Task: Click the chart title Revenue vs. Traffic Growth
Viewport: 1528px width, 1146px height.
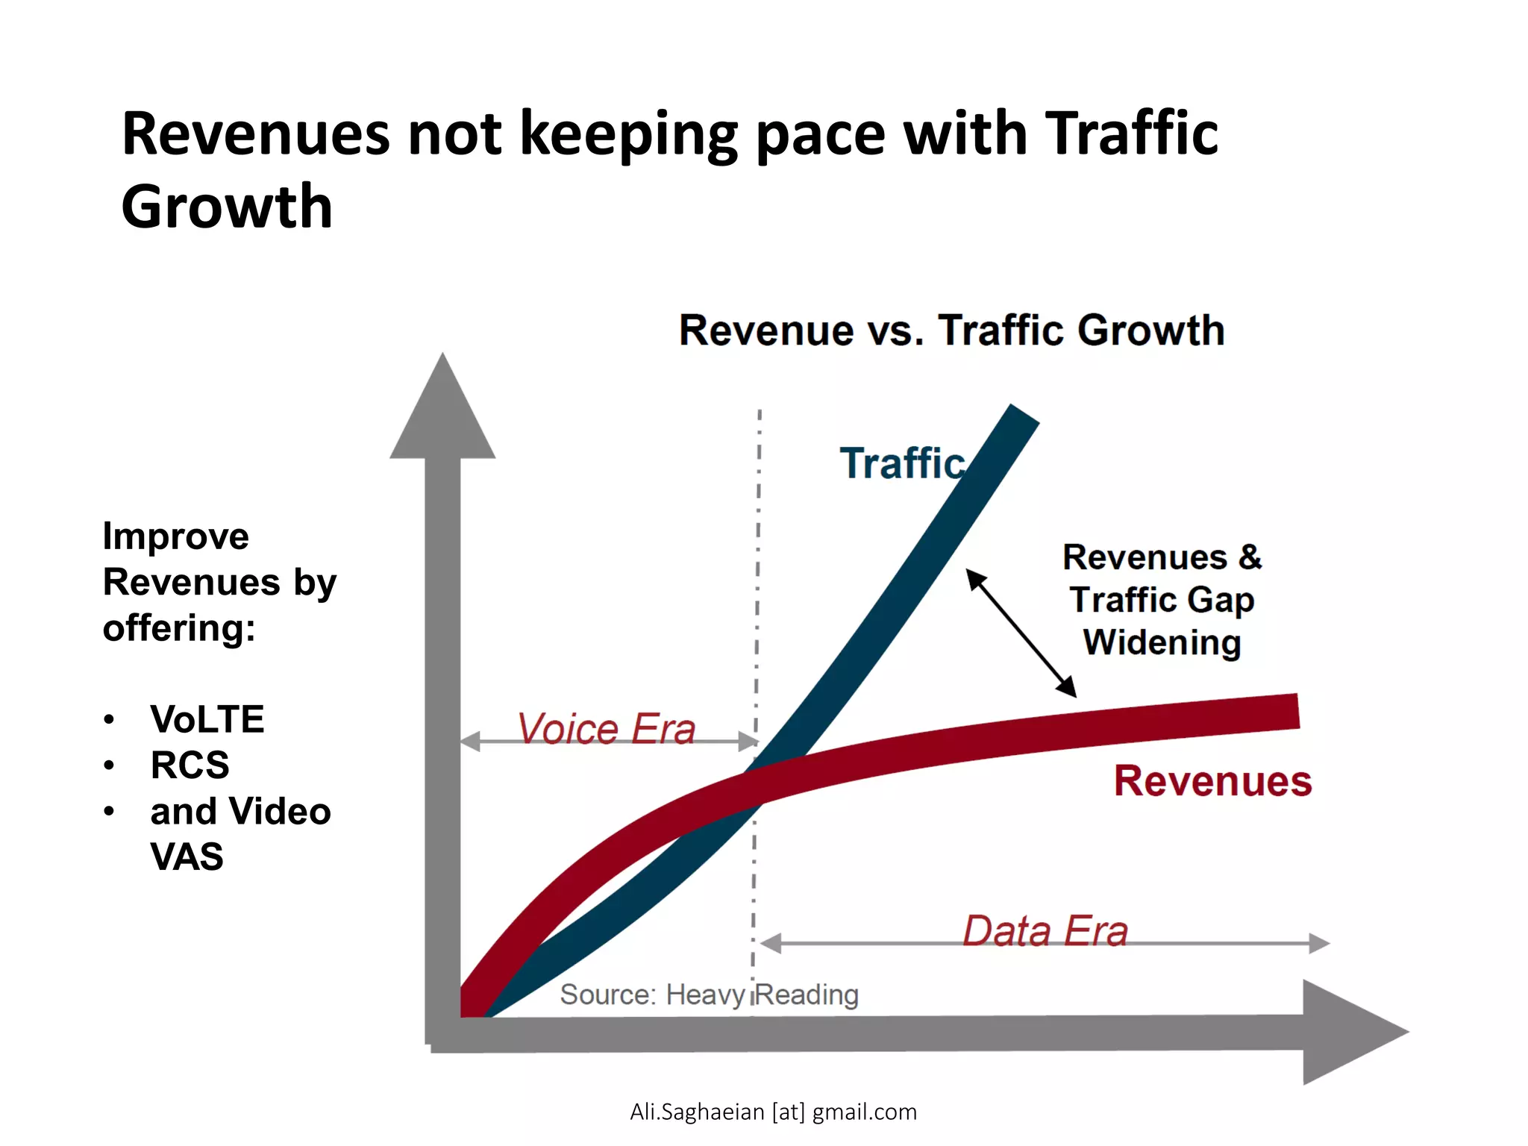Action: pos(951,331)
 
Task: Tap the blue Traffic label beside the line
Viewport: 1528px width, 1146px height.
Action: pos(902,463)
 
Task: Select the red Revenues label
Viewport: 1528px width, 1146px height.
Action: pos(1212,781)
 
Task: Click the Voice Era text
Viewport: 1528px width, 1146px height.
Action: pos(607,729)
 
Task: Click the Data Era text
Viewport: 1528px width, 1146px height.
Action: pos(1045,931)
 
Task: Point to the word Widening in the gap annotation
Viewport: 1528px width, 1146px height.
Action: pos(1162,642)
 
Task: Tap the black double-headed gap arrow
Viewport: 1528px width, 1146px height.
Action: pos(1021,633)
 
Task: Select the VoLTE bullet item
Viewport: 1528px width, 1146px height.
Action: pos(207,719)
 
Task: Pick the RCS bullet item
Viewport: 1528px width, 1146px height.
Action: pos(190,765)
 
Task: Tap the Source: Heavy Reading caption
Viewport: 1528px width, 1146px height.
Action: pos(709,995)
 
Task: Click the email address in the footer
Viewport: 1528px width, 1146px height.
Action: pos(773,1112)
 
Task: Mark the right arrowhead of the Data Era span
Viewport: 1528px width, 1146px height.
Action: pos(1319,943)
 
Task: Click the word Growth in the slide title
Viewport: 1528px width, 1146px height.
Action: pos(227,207)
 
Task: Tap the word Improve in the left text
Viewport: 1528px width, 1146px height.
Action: pos(175,536)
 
